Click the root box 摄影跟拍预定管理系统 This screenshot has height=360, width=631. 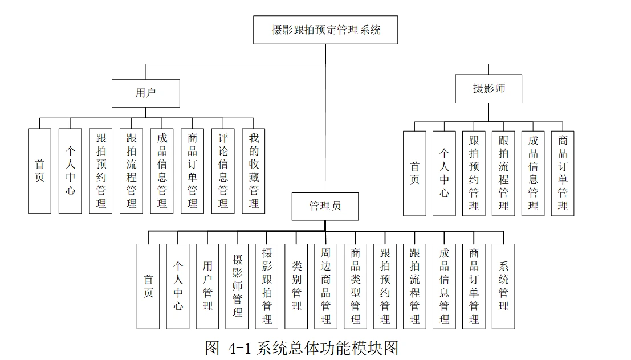click(325, 30)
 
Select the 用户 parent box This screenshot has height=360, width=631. click(146, 93)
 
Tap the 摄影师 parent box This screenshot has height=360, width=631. click(488, 89)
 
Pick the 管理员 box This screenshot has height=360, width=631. click(325, 206)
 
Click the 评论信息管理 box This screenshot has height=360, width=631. click(223, 171)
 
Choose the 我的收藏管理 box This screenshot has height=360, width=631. click(254, 171)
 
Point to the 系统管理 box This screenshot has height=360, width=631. click(503, 286)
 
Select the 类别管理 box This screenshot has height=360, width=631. click(296, 286)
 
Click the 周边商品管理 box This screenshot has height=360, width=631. click(325, 286)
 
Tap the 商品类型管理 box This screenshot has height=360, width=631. click(355, 286)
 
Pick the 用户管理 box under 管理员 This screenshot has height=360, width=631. click(207, 286)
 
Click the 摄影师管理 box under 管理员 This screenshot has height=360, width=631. click(237, 286)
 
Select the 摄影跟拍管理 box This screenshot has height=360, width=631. click(267, 286)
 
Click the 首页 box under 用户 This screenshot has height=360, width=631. click(39, 171)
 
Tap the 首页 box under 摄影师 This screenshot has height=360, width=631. click(414, 173)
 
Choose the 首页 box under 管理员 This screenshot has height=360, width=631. click(148, 286)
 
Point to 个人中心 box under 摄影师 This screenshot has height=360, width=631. click(444, 173)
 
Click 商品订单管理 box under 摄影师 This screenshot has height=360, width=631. click(563, 173)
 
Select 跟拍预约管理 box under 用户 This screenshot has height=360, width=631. click(101, 171)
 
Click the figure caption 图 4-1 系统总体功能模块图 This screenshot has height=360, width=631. click(302, 348)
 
